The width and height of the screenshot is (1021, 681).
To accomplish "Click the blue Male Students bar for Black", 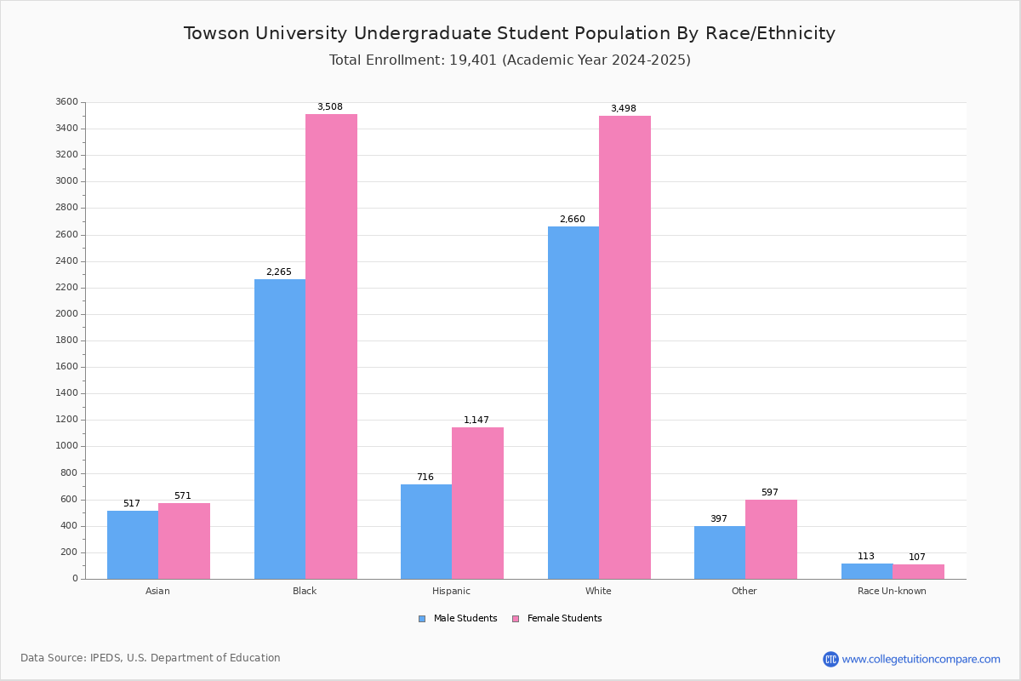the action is click(x=280, y=429).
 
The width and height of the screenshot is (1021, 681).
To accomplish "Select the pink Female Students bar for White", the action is click(x=625, y=347).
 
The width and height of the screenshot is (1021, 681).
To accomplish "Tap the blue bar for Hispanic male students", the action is click(x=426, y=532).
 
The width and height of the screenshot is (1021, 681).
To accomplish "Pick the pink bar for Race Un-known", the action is click(x=918, y=572).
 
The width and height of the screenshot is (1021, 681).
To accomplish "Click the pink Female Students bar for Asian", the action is click(x=184, y=541).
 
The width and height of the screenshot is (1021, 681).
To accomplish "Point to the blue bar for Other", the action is click(x=720, y=552).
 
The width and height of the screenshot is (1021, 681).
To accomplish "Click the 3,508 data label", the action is click(x=330, y=106).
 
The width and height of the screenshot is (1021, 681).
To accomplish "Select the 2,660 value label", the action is click(x=573, y=219).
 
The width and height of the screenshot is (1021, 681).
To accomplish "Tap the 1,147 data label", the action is click(x=476, y=420).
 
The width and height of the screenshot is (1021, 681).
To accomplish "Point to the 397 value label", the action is click(x=719, y=518).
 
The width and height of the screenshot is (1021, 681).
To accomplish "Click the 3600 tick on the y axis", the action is click(x=67, y=101).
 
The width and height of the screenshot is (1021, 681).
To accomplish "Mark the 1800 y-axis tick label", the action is click(x=67, y=340).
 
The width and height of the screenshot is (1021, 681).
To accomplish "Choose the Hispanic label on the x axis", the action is click(x=451, y=591).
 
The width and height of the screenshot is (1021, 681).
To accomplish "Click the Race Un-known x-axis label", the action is click(x=892, y=591).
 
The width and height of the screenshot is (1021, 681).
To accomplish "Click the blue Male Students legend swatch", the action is click(x=422, y=619).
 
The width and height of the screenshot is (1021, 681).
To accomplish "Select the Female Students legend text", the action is click(x=564, y=619).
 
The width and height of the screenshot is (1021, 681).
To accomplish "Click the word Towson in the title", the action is click(x=216, y=33).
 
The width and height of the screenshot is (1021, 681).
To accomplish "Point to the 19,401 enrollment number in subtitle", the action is click(x=473, y=60).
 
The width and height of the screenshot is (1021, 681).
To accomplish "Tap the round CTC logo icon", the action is click(x=830, y=659).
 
